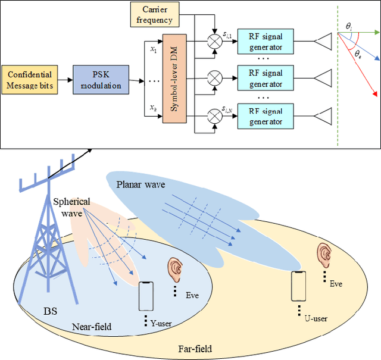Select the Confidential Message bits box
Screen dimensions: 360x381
coord(30,80)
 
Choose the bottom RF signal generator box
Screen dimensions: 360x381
coord(265,115)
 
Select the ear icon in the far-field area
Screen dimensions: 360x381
coord(324,255)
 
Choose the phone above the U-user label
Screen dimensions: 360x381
coord(299,287)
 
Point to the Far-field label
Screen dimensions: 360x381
coord(195,349)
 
